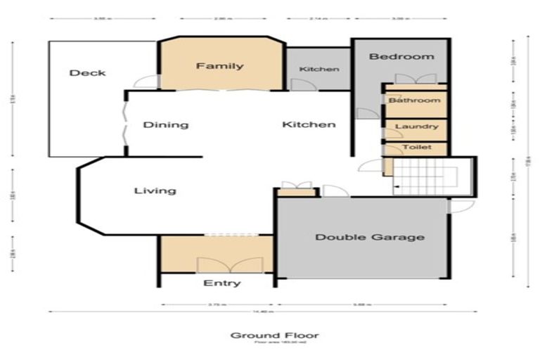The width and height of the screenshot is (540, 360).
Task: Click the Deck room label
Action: (x=88, y=72)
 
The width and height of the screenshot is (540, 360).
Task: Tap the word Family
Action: (x=219, y=66)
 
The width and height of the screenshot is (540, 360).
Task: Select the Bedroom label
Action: (x=401, y=56)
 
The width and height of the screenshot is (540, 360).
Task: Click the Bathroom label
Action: (x=415, y=101)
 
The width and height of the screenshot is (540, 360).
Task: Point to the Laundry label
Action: (x=416, y=127)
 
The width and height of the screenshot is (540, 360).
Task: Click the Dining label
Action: (x=166, y=125)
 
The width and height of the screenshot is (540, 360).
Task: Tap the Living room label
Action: (x=155, y=191)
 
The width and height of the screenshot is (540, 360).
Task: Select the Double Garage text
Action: (x=369, y=237)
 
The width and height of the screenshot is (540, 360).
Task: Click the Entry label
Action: (x=221, y=283)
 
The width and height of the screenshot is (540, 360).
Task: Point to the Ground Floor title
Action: (x=269, y=335)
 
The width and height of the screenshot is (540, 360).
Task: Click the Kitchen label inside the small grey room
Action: (x=319, y=69)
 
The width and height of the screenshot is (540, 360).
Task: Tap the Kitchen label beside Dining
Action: (x=309, y=124)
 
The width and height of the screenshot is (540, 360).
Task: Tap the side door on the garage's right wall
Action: (x=460, y=205)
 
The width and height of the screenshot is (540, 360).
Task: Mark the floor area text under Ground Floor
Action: (x=269, y=344)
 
